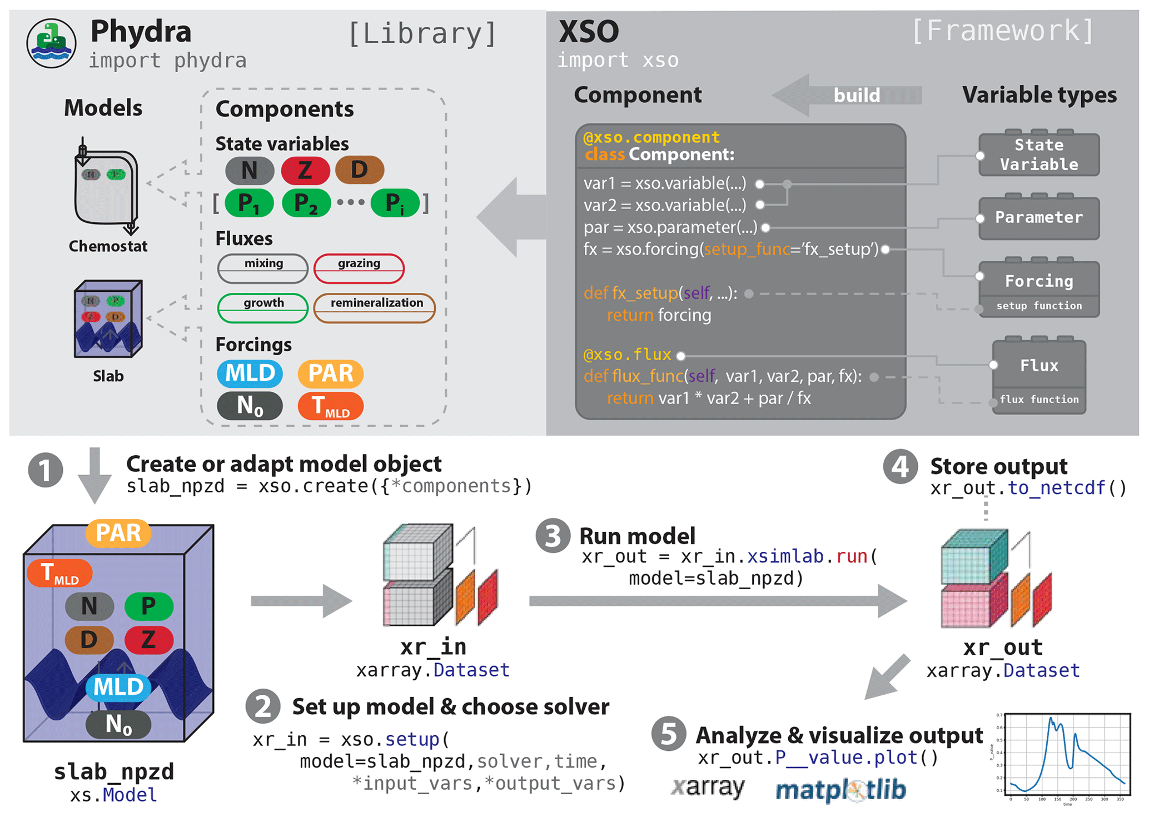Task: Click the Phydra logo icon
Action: [x=51, y=43]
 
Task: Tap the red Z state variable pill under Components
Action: [x=305, y=170]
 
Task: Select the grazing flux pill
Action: [x=359, y=268]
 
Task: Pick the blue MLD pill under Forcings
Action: [x=250, y=373]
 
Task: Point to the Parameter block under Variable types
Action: [x=1038, y=217]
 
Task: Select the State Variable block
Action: [x=1038, y=155]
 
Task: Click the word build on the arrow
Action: [x=856, y=96]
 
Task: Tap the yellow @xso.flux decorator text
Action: [x=627, y=355]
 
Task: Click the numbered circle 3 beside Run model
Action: [x=553, y=536]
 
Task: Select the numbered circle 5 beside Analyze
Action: [x=668, y=734]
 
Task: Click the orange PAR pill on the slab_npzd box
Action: [x=118, y=533]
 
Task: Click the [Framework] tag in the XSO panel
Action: [x=1003, y=31]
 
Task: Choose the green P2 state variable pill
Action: [x=306, y=203]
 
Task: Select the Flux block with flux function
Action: [x=1038, y=377]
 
